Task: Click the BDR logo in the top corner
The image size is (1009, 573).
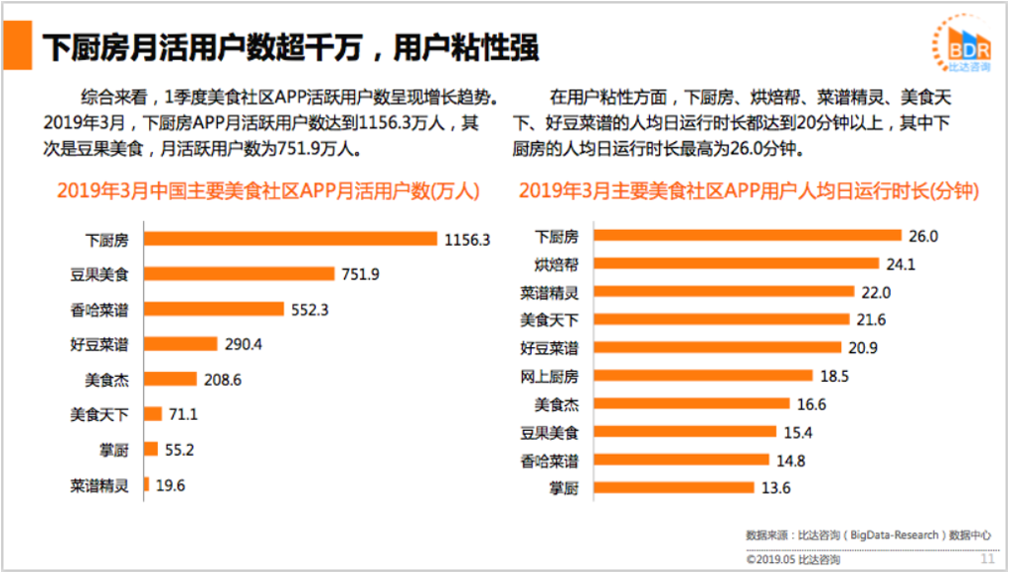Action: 961,45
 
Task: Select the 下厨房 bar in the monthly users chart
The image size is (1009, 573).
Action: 290,239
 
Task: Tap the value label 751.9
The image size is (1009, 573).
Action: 360,274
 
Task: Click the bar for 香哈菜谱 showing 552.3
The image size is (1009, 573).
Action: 214,309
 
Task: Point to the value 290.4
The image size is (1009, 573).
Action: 244,344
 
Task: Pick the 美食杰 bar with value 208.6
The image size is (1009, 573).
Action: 170,379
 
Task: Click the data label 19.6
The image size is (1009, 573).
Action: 169,484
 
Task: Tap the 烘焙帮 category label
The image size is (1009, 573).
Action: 555,265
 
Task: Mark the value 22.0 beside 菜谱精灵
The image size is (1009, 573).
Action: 875,292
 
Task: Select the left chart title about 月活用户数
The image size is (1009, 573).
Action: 268,190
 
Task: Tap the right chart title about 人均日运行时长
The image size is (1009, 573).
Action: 749,190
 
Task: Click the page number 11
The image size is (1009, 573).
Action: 987,558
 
